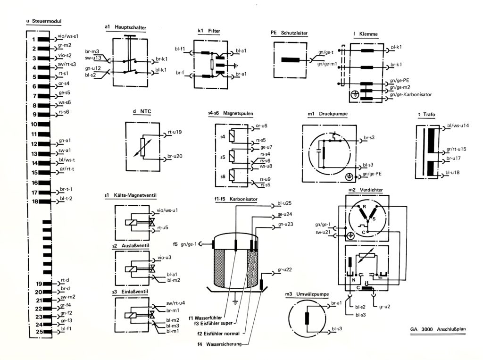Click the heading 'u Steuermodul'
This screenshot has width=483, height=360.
(44, 21)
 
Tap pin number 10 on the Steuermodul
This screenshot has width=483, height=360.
(33, 124)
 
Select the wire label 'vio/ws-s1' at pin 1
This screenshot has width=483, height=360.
(68, 36)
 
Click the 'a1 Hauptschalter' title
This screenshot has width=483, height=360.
(125, 27)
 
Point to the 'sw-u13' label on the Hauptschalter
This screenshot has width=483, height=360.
(93, 58)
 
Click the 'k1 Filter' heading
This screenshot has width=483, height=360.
(209, 31)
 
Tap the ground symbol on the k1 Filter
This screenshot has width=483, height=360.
(236, 65)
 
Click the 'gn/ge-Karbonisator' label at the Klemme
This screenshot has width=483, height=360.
(411, 95)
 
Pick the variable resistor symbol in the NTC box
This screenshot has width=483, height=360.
(142, 147)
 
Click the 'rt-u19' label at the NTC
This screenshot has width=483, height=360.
(175, 132)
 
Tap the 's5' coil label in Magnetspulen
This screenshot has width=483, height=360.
(223, 157)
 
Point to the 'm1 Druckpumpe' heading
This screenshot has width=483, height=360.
(327, 114)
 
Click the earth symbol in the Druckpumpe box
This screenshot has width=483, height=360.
(349, 177)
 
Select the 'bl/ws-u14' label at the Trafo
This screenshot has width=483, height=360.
(458, 126)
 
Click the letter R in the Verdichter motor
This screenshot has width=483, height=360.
(364, 207)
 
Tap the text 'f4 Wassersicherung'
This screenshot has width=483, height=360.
(219, 344)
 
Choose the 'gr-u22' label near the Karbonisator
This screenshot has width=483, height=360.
(284, 270)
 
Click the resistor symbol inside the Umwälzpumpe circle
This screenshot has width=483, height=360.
(307, 318)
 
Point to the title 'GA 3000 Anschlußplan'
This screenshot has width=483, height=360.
(438, 329)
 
